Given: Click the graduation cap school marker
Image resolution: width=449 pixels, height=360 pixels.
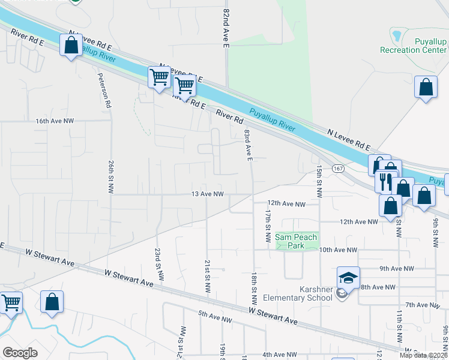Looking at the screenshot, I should pos(348,278).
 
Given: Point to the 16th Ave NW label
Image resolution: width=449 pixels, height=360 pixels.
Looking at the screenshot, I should pos(54,121).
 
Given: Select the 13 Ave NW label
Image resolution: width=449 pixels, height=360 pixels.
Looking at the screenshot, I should pos(208,194).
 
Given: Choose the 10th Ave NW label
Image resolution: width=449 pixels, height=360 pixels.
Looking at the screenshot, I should pos(338,250).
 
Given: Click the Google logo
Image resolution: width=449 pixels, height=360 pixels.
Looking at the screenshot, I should pos(20,353).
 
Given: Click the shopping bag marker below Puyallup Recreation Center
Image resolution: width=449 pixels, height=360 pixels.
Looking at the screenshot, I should pos(426,88).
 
